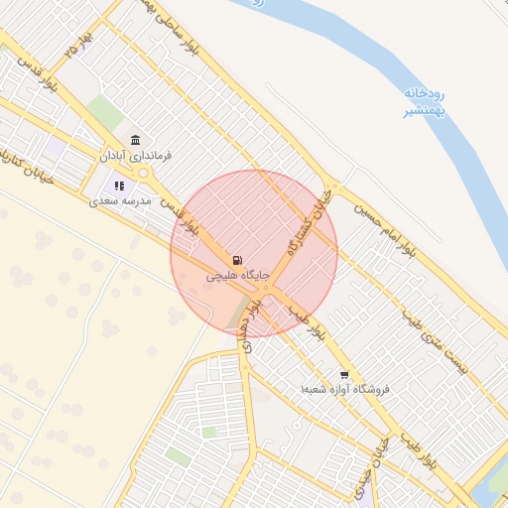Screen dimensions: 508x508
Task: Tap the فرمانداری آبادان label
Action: coord(135,156)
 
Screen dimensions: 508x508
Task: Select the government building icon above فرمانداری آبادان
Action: coord(135,139)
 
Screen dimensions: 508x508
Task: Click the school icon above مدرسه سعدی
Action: coord(119,185)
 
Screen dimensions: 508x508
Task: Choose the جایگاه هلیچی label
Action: coord(238,277)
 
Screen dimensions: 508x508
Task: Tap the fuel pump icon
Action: coord(237,261)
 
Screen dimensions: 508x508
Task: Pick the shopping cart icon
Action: coord(344,375)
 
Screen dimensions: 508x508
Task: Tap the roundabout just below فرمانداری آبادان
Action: coord(145,175)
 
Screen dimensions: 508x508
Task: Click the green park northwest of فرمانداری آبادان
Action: coord(104,112)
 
